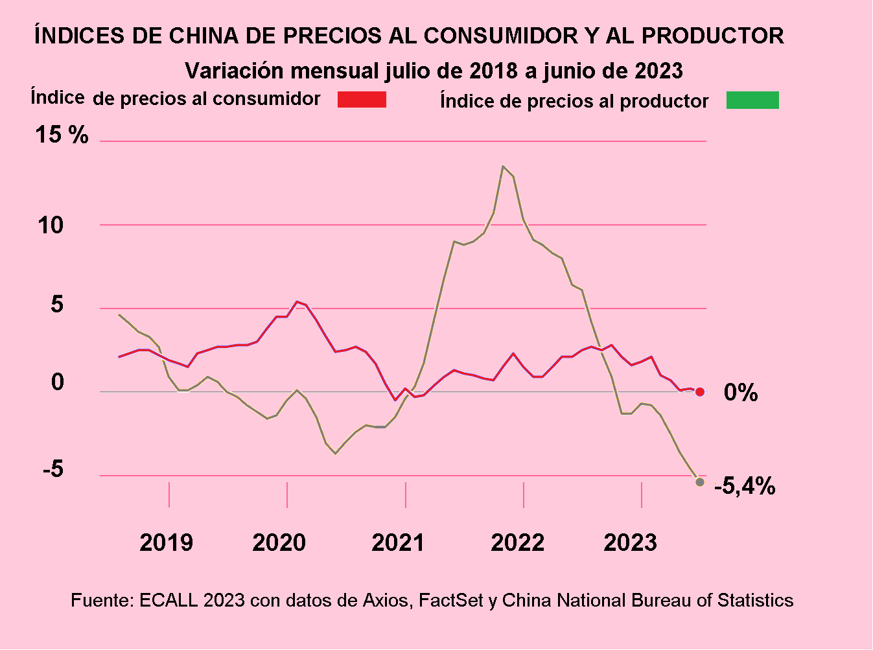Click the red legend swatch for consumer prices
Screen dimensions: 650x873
tap(362, 99)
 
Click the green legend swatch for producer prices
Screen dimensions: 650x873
tap(752, 100)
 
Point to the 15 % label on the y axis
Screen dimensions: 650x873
tap(62, 135)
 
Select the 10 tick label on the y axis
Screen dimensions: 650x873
tap(51, 226)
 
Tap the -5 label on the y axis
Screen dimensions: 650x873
tap(53, 469)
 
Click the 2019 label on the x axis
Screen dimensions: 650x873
tap(166, 542)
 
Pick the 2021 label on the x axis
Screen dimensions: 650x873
tap(398, 542)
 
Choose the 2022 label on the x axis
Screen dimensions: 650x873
tap(517, 542)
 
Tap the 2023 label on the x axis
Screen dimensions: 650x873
tap(630, 542)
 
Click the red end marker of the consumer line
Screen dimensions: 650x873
tap(700, 391)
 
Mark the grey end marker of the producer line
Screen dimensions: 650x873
tap(700, 482)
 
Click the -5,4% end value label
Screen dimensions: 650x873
tap(745, 486)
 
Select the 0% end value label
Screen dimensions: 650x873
tap(741, 392)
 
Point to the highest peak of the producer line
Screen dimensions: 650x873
tap(503, 167)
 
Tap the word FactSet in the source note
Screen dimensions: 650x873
tap(451, 600)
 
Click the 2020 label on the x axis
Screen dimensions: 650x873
tap(279, 542)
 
